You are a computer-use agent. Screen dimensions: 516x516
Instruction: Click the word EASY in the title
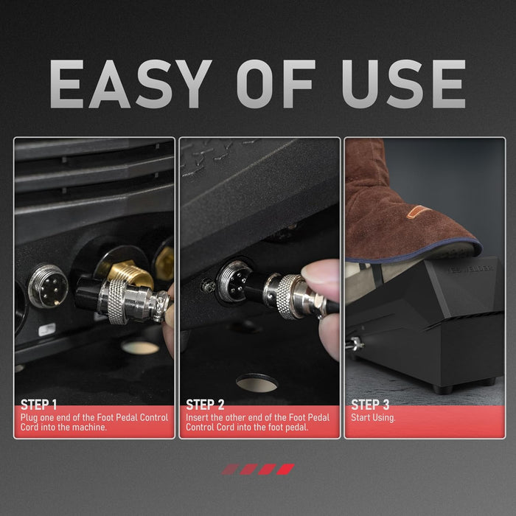point(130,84)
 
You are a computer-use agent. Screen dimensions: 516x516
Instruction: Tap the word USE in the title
point(403,84)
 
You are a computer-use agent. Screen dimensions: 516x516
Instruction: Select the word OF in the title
point(276,84)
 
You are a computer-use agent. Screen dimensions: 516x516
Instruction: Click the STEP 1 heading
point(39,405)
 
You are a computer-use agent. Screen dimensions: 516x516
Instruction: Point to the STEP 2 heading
point(205,405)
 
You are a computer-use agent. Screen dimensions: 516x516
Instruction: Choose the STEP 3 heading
point(370,405)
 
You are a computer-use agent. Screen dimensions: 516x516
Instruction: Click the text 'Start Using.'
point(373,418)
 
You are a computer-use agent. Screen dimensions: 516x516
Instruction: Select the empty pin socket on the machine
point(48,286)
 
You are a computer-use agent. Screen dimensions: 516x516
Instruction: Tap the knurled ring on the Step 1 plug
point(117,301)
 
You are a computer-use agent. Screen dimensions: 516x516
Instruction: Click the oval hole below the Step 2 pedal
point(257,383)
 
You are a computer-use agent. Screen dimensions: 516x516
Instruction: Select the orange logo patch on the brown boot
point(418,212)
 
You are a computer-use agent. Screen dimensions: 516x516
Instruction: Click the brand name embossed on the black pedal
point(470,268)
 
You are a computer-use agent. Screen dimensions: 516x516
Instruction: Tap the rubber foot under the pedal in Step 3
point(442,389)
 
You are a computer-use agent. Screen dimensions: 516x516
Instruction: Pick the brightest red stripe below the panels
point(285,469)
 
